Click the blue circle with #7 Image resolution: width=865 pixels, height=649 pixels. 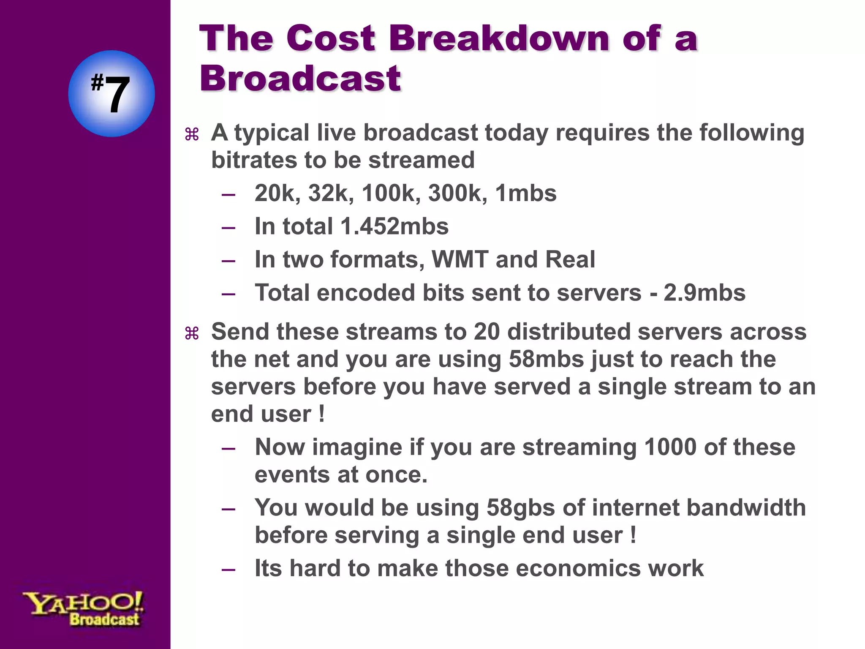(112, 93)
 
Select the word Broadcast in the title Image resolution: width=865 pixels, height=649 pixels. (300, 79)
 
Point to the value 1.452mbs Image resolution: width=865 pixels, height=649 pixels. (394, 226)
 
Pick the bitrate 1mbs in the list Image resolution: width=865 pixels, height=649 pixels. (526, 194)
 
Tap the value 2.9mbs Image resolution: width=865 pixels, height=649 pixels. (705, 293)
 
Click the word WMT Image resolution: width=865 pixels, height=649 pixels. (460, 259)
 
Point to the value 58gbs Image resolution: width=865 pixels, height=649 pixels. (520, 507)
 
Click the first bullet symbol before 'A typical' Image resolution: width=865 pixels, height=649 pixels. (192, 135)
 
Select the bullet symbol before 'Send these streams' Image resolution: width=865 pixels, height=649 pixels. (192, 334)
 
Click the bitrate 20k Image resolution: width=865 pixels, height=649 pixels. (277, 194)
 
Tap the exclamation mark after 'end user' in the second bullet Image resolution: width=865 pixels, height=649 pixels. (322, 414)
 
